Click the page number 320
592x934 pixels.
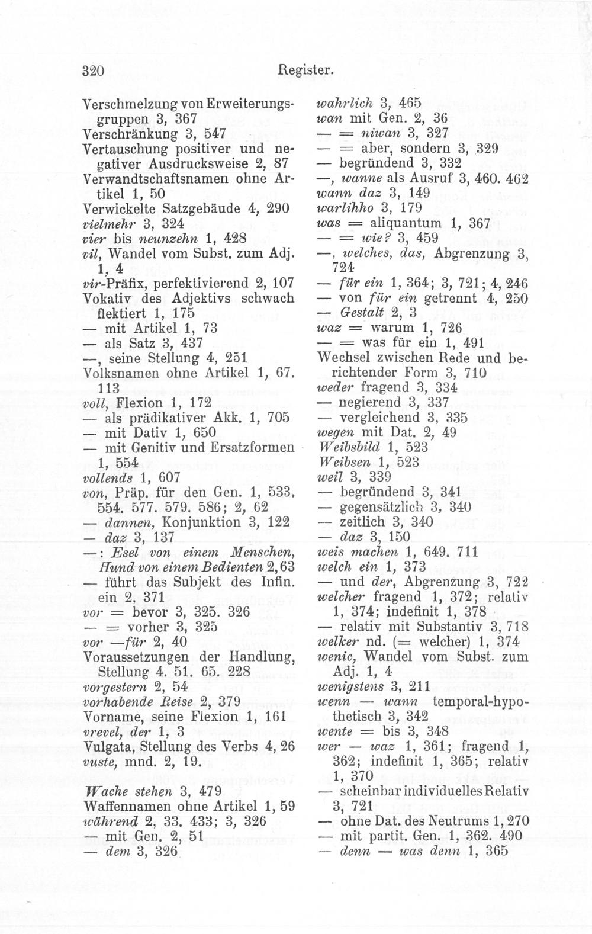(x=93, y=70)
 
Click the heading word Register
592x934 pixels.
(x=306, y=71)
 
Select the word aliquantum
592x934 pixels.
(x=406, y=223)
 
